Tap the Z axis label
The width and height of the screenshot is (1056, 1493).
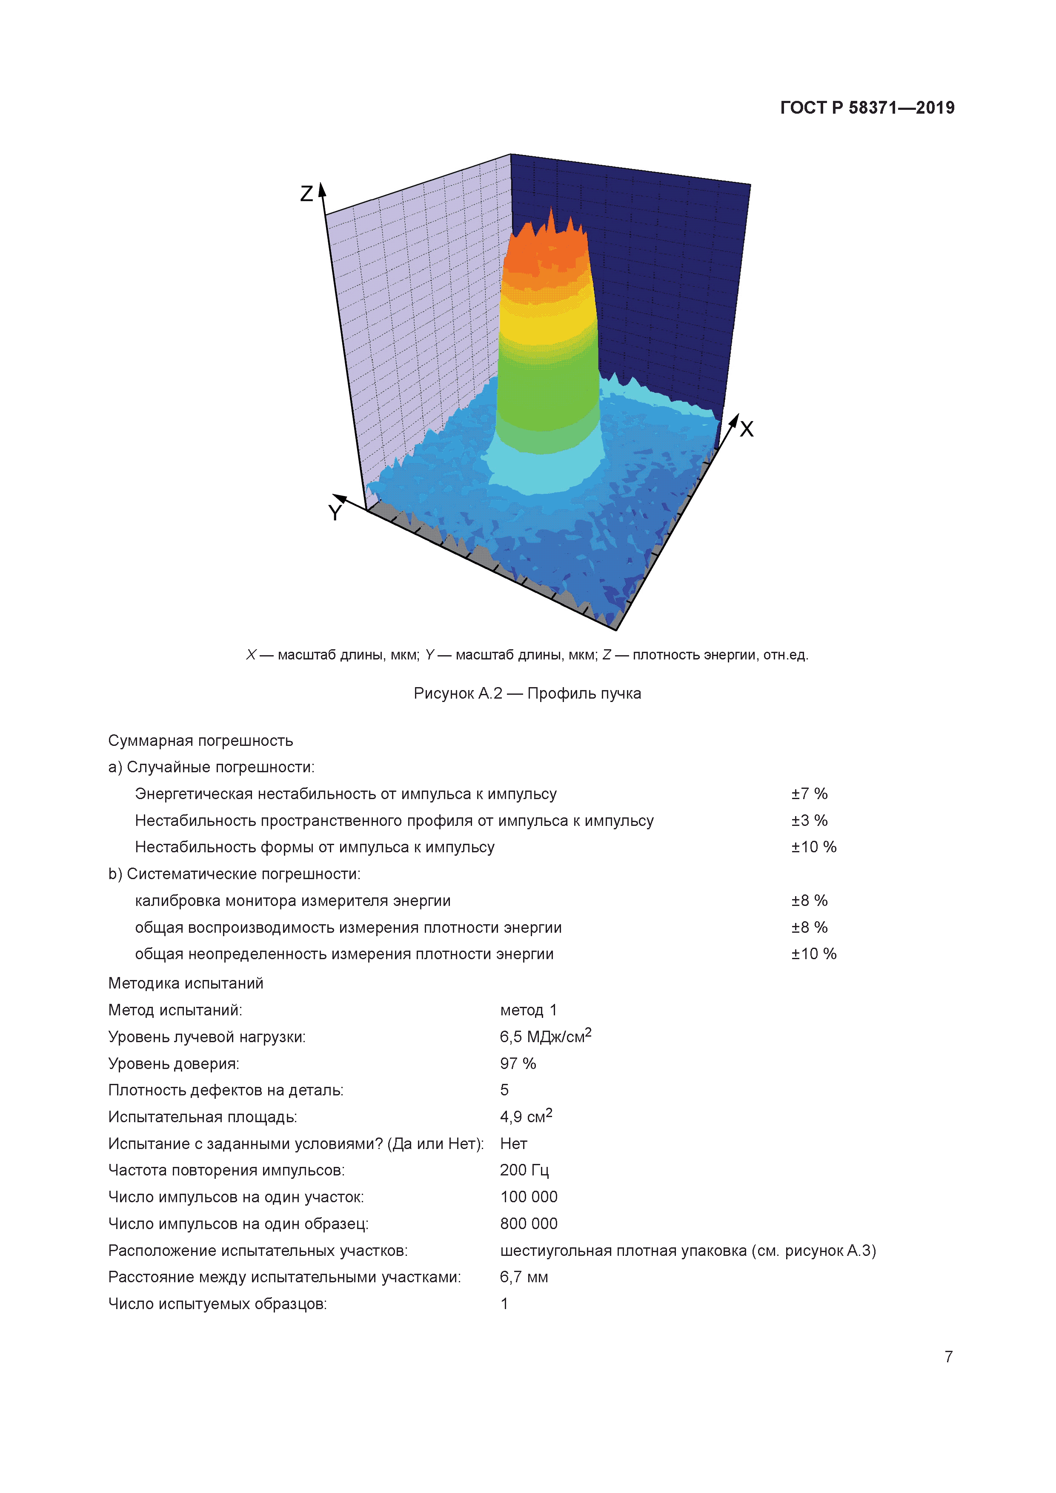pyautogui.click(x=307, y=193)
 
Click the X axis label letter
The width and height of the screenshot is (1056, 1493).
pyautogui.click(x=747, y=429)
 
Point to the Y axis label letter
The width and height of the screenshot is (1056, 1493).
pyautogui.click(x=335, y=513)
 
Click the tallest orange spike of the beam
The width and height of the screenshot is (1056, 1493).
pyautogui.click(x=551, y=218)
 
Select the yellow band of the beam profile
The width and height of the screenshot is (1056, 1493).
pyautogui.click(x=547, y=328)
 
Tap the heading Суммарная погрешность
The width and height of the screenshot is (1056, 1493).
pyautogui.click(x=200, y=741)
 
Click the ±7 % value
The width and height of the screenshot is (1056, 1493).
pyautogui.click(x=809, y=794)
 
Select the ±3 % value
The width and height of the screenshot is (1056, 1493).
pyautogui.click(x=809, y=821)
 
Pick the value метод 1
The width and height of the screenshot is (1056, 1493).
pyautogui.click(x=528, y=1010)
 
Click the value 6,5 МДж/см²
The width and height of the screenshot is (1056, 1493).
pyautogui.click(x=545, y=1037)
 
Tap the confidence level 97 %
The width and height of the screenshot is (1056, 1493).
pyautogui.click(x=518, y=1063)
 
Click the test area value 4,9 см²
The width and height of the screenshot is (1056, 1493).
pyautogui.click(x=525, y=1117)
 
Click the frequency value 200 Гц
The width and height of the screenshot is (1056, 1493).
pyautogui.click(x=524, y=1170)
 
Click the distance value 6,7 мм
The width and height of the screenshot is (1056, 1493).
pyautogui.click(x=524, y=1277)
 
